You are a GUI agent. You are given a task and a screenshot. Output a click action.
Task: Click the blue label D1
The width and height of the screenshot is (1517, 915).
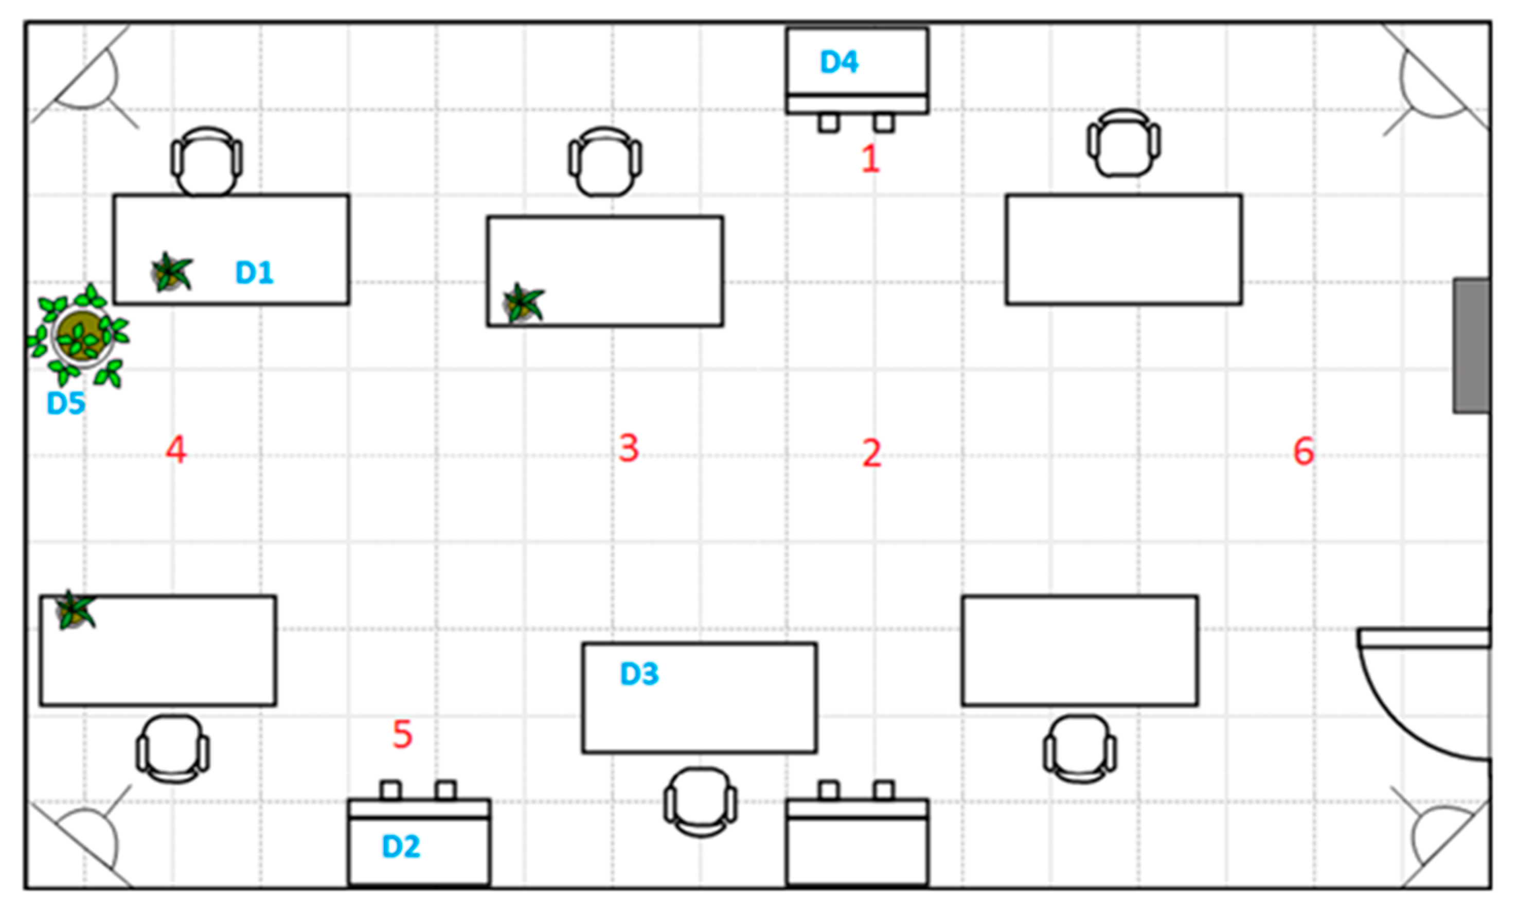(254, 272)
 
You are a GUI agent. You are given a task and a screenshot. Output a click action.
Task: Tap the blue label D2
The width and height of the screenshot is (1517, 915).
(401, 847)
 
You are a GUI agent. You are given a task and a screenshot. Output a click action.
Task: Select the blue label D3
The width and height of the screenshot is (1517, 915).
(639, 674)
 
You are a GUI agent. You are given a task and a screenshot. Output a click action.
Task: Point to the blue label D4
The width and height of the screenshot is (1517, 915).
(839, 62)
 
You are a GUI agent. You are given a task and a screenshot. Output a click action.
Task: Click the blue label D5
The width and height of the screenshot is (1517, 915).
(66, 403)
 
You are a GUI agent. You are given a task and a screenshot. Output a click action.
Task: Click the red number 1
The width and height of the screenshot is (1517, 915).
(870, 159)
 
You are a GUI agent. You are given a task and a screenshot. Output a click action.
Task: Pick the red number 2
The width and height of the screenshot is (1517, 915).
(872, 453)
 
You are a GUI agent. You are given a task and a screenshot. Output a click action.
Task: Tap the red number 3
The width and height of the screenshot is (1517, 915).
(629, 448)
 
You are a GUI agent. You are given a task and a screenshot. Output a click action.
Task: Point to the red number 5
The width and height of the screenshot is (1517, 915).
(402, 734)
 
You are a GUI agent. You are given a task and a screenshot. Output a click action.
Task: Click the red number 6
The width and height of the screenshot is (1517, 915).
(1304, 451)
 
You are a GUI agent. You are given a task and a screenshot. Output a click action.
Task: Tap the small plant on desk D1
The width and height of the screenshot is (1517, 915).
(171, 272)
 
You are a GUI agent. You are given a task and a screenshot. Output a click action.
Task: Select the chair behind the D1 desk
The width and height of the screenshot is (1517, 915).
(206, 161)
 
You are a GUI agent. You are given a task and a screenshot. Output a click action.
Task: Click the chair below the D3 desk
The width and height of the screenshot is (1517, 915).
(701, 802)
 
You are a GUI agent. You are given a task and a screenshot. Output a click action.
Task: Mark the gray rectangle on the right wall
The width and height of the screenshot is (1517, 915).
(1471, 345)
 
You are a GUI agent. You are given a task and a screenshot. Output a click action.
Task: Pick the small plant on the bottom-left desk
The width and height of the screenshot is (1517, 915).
(75, 610)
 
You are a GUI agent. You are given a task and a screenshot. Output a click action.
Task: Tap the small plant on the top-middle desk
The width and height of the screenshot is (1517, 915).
(523, 303)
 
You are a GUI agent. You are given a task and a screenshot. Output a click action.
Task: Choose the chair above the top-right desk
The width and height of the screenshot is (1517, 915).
(1123, 143)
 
